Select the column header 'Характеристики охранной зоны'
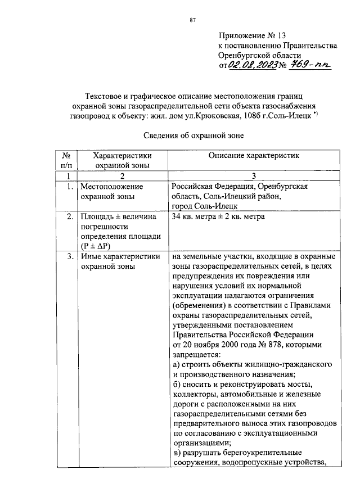coord(123,160)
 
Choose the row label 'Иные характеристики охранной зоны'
coord(120,262)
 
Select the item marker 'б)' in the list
coord(176,385)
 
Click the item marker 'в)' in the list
coord(176,453)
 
